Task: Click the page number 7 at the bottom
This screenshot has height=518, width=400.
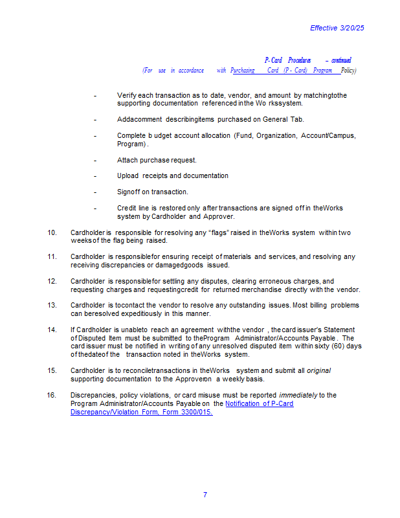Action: pos(205,495)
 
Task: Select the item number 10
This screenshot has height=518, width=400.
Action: pos(52,232)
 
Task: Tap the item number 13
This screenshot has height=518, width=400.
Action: pos(52,305)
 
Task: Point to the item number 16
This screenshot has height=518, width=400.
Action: pos(52,395)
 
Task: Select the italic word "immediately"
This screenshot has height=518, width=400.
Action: pos(298,395)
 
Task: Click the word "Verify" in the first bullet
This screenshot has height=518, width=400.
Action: pos(127,95)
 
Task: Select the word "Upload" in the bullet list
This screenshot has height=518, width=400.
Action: pos(128,175)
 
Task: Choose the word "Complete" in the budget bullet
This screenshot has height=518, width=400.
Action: pos(131,135)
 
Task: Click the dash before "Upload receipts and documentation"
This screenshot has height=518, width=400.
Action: pos(95,175)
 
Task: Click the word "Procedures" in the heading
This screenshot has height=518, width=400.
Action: pos(300,60)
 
